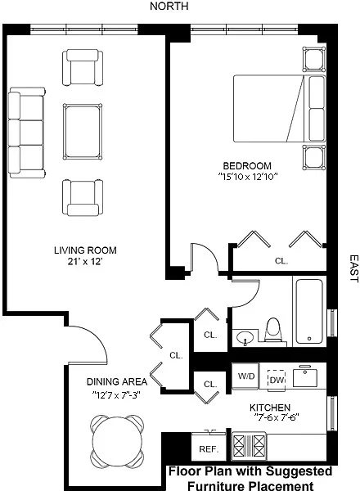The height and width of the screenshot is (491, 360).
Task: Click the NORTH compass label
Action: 169,6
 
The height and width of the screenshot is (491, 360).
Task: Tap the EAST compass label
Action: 353,268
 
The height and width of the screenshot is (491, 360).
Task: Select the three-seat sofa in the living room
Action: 27,133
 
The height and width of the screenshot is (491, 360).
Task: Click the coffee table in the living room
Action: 83,132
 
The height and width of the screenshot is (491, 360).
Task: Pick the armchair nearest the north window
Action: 83,67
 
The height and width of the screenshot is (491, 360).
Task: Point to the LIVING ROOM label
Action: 85,250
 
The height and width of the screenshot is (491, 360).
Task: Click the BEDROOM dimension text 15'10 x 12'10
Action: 248,177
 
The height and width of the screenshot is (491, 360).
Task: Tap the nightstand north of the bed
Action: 314,59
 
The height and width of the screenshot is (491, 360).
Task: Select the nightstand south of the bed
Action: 314,157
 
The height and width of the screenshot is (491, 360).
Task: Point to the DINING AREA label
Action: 117,381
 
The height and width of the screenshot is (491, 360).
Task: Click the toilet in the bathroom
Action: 273,330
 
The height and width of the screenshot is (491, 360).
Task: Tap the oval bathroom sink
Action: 245,338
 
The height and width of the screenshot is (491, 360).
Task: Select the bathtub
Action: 309,312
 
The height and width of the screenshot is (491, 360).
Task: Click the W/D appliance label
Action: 246,376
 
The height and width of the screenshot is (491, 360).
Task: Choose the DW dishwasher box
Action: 277,380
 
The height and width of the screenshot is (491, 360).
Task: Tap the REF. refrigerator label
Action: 209,449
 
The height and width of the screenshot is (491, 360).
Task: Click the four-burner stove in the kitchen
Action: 249,446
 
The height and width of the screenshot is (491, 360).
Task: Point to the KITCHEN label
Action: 270,408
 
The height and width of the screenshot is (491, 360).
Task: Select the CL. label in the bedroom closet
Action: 281,260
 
